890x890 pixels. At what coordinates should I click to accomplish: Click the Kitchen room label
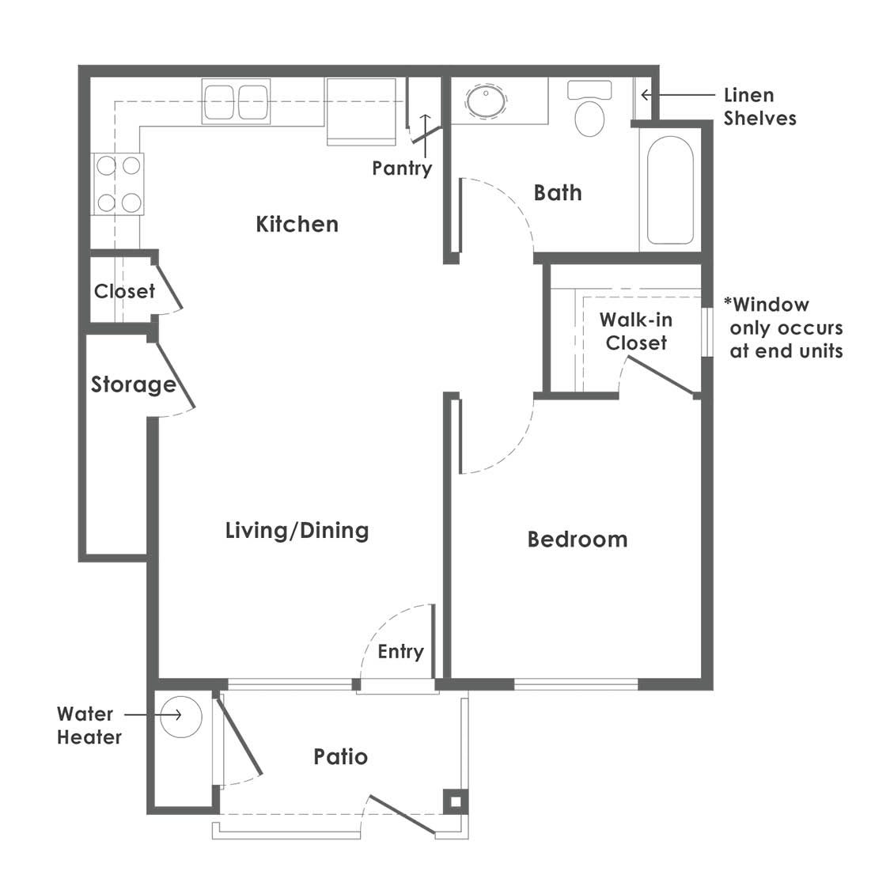[x=297, y=224]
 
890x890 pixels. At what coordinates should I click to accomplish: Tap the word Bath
[x=558, y=193]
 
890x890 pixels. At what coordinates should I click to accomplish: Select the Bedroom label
[x=578, y=540]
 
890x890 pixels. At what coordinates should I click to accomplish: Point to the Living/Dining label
[x=297, y=531]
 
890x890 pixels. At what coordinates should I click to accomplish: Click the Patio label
[x=340, y=756]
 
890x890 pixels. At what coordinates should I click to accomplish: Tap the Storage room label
[x=134, y=384]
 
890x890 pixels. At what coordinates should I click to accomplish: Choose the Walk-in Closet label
[x=636, y=331]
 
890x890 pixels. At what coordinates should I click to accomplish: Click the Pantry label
[x=402, y=169]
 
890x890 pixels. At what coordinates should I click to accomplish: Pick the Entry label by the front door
[x=401, y=652]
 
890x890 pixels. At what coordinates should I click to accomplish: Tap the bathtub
[x=670, y=190]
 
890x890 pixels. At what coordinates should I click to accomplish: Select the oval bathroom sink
[x=486, y=101]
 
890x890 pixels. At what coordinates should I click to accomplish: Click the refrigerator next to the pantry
[x=361, y=112]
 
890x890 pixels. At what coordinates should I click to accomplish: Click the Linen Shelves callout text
[x=759, y=107]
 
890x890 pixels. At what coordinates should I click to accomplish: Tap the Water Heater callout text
[x=89, y=725]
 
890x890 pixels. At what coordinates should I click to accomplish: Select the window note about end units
[x=783, y=328]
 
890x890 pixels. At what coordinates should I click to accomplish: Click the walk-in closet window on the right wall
[x=707, y=332]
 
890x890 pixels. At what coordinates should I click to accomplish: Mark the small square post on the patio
[x=456, y=802]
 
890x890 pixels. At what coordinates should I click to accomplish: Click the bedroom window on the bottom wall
[x=576, y=684]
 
